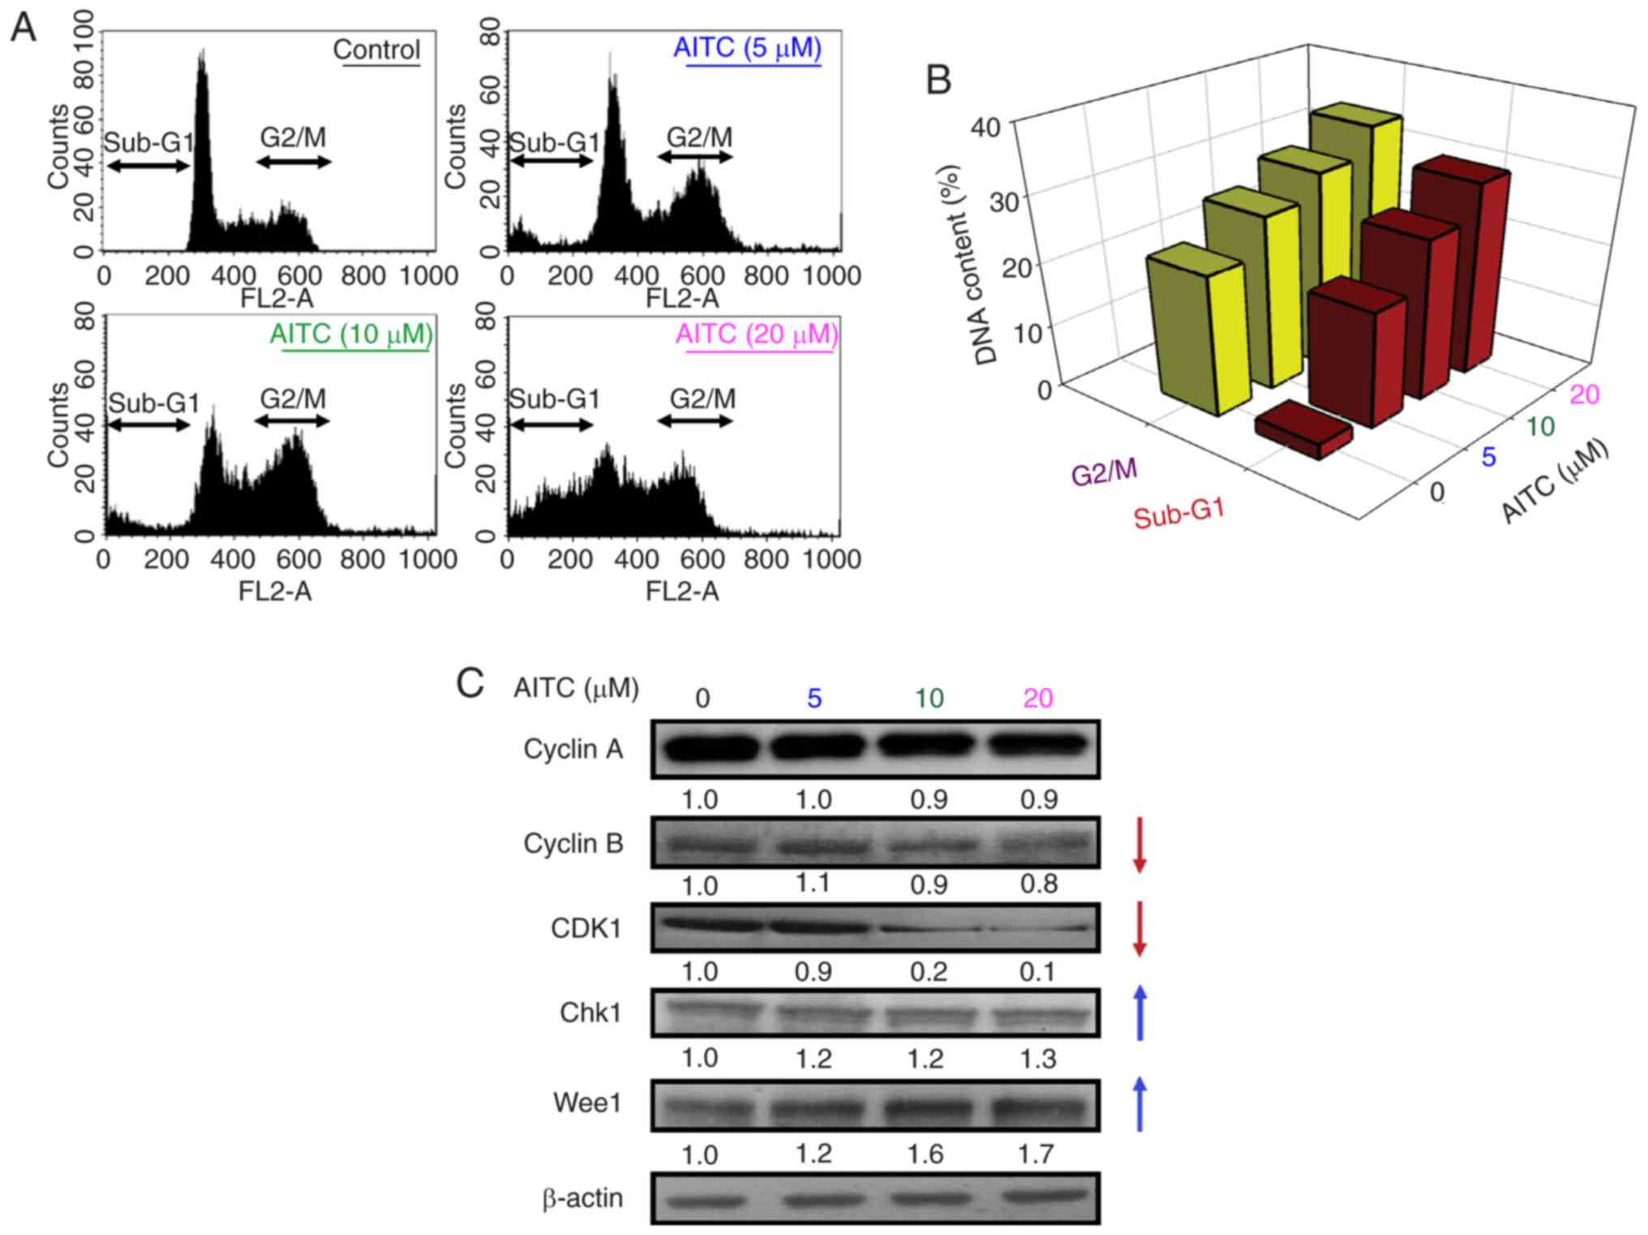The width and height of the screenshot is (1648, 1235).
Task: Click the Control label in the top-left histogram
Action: (x=376, y=50)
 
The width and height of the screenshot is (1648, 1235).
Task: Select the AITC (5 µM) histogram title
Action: (x=747, y=48)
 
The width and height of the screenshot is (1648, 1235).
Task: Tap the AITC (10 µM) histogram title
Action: (x=351, y=334)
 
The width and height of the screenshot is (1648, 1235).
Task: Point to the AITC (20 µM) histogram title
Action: (x=756, y=334)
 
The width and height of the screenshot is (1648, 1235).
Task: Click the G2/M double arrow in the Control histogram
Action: (x=294, y=162)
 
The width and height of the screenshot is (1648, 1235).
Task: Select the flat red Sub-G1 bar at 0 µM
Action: (x=1303, y=428)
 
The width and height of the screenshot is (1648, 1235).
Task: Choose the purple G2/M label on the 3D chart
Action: (x=1104, y=471)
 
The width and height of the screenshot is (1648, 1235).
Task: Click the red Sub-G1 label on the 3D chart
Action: (x=1178, y=514)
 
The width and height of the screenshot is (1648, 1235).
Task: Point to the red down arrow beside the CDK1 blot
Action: (x=1139, y=928)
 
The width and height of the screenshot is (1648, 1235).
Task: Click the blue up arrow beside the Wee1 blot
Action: (x=1139, y=1104)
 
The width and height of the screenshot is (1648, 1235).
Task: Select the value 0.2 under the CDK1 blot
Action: (x=928, y=971)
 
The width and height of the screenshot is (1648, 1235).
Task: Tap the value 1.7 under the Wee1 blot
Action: (x=1036, y=1153)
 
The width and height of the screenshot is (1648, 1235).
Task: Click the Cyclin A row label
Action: (x=573, y=749)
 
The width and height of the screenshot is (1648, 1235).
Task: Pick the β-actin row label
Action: (x=582, y=1198)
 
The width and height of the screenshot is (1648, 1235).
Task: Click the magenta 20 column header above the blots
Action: (x=1037, y=698)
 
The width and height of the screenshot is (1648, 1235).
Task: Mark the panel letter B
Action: (x=938, y=80)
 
